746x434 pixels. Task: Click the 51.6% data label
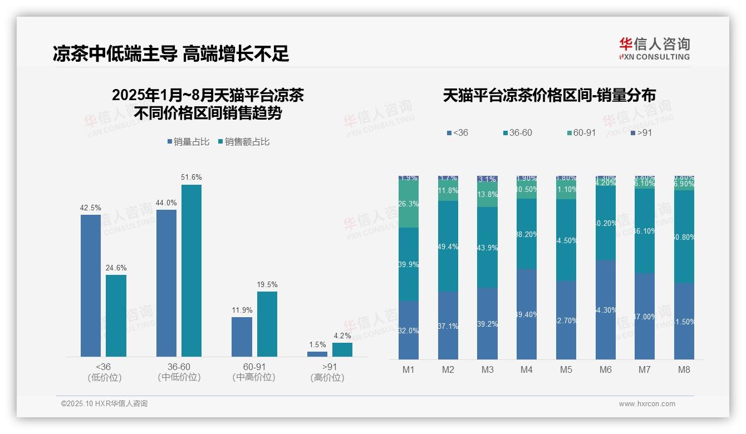191,177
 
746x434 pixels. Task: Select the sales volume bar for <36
91,285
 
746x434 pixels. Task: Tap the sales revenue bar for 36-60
191,270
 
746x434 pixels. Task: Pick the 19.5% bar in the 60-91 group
267,324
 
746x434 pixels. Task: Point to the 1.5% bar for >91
317,354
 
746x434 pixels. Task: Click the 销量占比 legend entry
188,142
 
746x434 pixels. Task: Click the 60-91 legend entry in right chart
581,133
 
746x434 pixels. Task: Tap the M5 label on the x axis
566,369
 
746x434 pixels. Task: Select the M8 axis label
684,369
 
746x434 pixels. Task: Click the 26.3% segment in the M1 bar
409,204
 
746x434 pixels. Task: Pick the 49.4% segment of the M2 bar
448,246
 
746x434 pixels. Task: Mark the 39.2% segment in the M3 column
488,323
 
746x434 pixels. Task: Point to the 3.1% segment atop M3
488,179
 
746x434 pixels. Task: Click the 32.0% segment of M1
409,330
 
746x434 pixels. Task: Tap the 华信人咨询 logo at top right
654,48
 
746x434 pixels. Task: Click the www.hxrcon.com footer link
647,404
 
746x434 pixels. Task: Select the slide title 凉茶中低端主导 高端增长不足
171,54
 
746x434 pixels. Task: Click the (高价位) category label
327,378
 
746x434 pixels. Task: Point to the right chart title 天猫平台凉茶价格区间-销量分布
549,95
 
